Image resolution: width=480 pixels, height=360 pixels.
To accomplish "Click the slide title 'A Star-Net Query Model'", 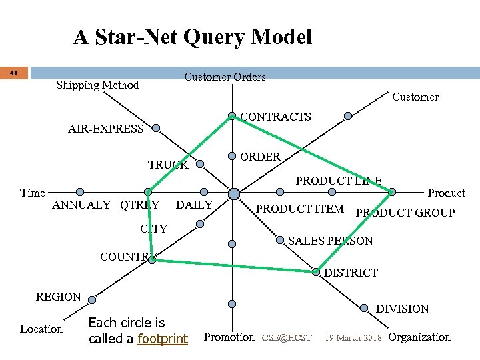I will [192, 37].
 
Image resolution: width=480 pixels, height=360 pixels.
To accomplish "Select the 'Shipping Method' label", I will [97, 85].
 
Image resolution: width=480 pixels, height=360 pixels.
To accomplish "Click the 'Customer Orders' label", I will [225, 77].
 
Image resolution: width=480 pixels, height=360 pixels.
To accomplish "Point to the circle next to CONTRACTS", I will [232, 117].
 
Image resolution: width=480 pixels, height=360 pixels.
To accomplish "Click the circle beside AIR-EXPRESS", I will [155, 127].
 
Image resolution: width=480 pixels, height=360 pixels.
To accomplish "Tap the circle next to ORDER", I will [232, 157].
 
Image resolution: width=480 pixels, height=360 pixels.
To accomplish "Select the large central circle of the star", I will [234, 194].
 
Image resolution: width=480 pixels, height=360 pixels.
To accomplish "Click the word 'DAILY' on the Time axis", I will [194, 205].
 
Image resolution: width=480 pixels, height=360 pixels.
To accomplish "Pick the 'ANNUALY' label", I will [81, 205].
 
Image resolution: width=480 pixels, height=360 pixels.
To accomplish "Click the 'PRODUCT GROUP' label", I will [405, 213].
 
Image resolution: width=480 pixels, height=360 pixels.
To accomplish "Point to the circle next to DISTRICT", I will [315, 272].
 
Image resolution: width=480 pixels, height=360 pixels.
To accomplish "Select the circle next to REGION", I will [91, 300].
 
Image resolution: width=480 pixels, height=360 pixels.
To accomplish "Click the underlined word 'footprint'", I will [162, 339].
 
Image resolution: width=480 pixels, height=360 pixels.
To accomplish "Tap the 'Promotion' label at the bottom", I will [229, 337].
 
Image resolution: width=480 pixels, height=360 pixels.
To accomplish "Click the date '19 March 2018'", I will [353, 338].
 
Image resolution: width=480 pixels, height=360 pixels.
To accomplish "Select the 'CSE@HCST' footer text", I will [287, 338].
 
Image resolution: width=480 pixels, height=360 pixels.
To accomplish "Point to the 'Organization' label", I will [419, 337].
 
